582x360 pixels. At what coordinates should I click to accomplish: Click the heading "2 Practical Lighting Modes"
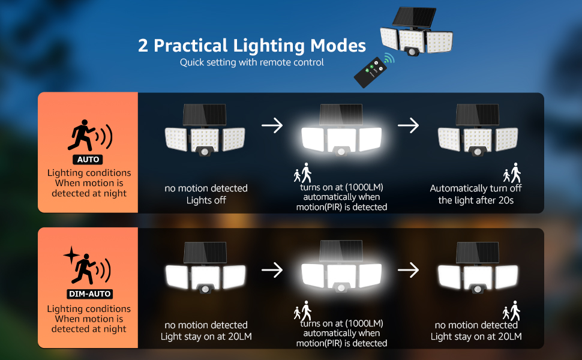tap(252, 46)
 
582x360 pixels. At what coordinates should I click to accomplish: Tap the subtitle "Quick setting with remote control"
tap(252, 62)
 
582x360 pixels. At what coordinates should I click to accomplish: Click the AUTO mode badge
tap(88, 160)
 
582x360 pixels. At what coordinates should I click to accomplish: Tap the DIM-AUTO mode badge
tap(88, 294)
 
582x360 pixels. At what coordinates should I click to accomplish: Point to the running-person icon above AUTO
tap(82, 136)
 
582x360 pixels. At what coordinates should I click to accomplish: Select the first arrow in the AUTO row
tap(272, 125)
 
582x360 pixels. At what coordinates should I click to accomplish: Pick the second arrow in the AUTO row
tap(408, 125)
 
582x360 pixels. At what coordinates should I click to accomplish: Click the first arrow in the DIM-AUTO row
tap(272, 270)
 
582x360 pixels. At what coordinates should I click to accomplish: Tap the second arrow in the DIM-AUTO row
tap(408, 270)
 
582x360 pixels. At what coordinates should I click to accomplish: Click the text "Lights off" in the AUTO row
tap(206, 200)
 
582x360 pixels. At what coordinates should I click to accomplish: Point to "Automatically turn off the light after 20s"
tap(476, 194)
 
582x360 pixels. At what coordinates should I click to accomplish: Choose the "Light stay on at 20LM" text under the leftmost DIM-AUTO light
tap(206, 336)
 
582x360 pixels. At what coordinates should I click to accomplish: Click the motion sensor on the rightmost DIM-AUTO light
tap(478, 289)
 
